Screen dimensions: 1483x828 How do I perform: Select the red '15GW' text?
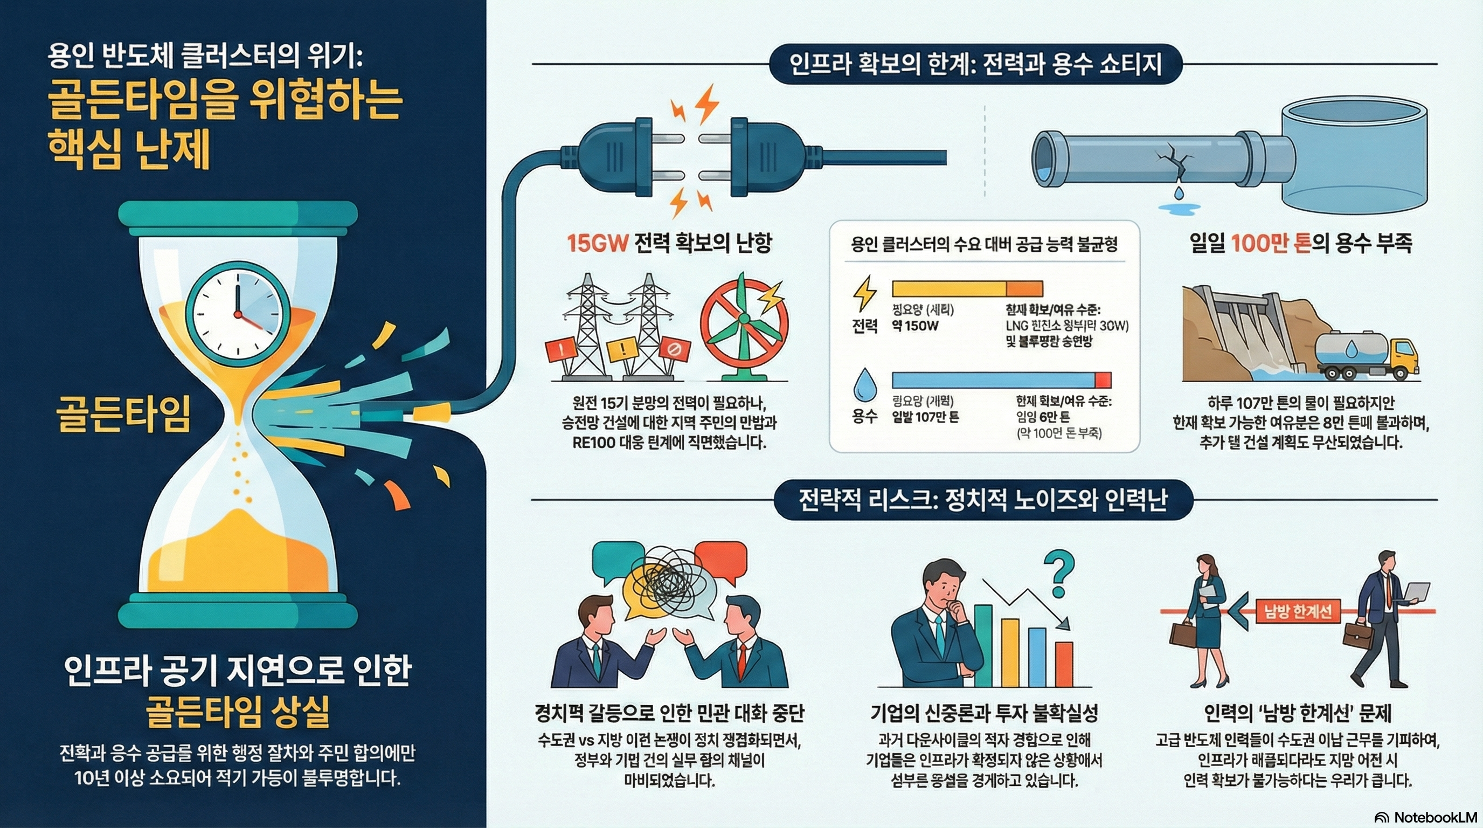(597, 244)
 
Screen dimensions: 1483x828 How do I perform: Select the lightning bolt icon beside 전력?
(864, 294)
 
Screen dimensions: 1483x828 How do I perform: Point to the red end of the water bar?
(1103, 380)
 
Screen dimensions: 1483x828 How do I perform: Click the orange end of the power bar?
(1024, 288)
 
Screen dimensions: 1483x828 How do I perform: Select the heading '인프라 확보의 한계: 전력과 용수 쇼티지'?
(976, 64)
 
